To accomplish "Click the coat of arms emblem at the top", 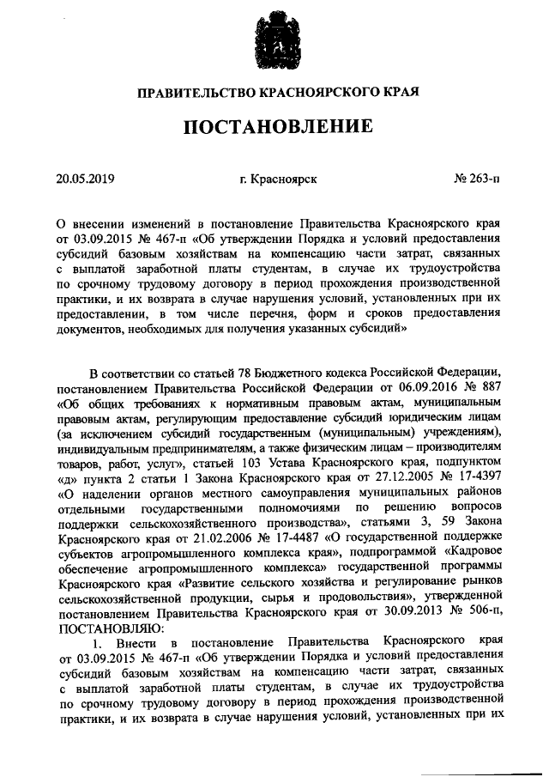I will (x=274, y=44).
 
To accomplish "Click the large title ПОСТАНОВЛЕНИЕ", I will (x=274, y=128).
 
